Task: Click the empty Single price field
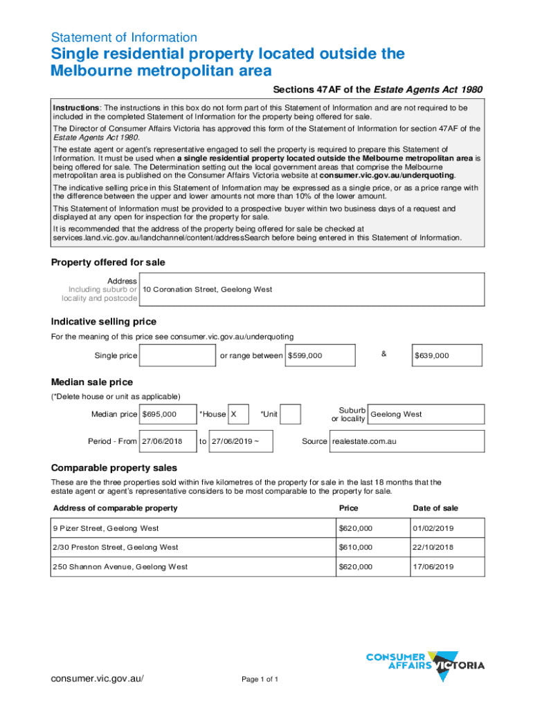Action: tap(178, 355)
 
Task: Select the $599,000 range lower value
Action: tap(321, 355)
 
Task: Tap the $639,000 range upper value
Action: tap(448, 355)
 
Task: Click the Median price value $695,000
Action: tap(167, 414)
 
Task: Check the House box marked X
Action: tap(239, 414)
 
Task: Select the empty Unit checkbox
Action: tap(291, 414)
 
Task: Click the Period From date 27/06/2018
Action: tap(167, 441)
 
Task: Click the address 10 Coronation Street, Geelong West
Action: tap(311, 289)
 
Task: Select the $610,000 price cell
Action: tap(370, 547)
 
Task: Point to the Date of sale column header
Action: tap(435, 508)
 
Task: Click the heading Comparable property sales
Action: tap(114, 467)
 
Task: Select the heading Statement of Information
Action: tap(124, 37)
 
